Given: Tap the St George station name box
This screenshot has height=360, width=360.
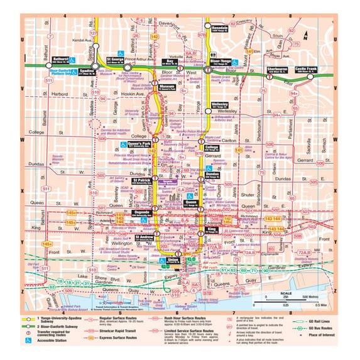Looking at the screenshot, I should click(x=117, y=61).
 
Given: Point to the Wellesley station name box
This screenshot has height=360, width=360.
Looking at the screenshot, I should click(x=219, y=105).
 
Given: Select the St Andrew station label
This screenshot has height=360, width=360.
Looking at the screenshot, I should click(x=144, y=238).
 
